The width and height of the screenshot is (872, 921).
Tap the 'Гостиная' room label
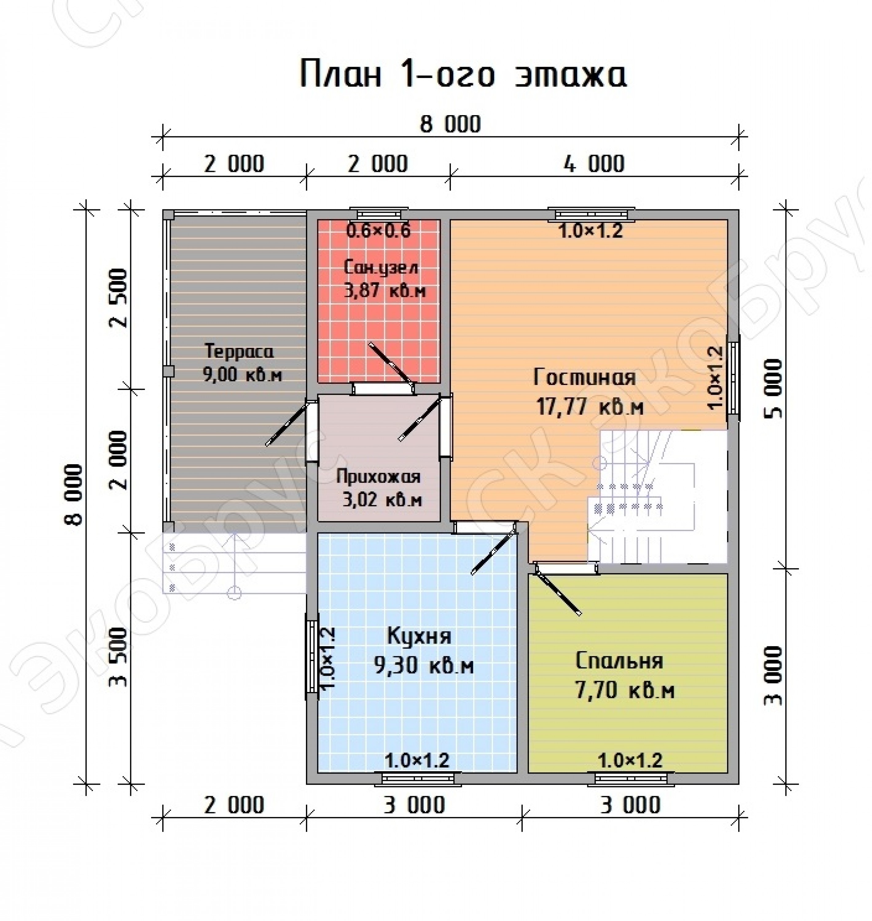(x=584, y=377)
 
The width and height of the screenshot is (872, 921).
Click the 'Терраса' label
(x=239, y=351)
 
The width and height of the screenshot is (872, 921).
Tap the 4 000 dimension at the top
(x=594, y=164)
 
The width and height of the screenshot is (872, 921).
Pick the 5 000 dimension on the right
(x=773, y=388)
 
